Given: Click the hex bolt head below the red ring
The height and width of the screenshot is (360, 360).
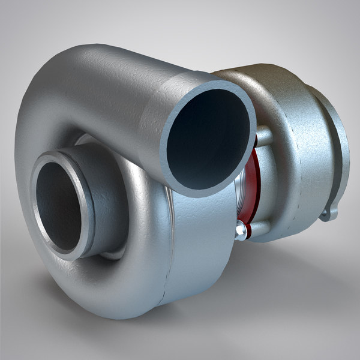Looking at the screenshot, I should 241,230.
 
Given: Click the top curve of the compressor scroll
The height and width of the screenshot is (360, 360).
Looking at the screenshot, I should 78,66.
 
